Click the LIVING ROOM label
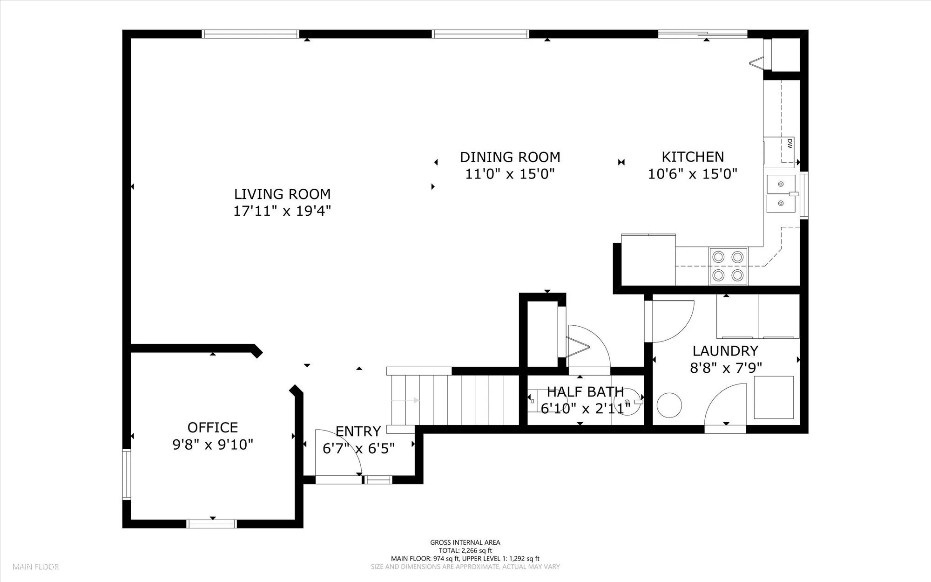[282, 194]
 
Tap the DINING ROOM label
[510, 157]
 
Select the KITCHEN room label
[693, 157]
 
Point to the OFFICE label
[213, 427]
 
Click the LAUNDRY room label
[725, 351]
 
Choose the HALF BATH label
[585, 391]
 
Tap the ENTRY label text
[358, 431]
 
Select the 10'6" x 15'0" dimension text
[693, 174]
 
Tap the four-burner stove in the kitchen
[728, 266]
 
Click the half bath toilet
[533, 399]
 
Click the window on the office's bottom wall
[211, 524]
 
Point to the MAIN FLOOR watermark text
[36, 567]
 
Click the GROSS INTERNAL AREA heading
[465, 542]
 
